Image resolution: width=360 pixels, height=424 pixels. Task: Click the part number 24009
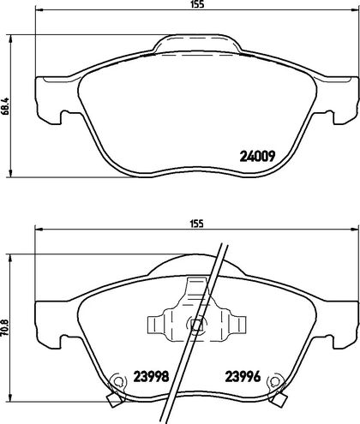(x=257, y=156)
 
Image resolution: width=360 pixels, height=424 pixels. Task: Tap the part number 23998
(x=152, y=377)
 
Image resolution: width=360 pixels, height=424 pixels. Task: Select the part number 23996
(x=243, y=377)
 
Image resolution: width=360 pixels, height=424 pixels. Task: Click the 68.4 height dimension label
(x=6, y=106)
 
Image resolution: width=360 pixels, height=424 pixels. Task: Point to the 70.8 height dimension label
(x=6, y=327)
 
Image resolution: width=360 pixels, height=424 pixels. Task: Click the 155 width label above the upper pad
(x=198, y=4)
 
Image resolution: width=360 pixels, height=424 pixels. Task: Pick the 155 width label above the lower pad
(x=198, y=224)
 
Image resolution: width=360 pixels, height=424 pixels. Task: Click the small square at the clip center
(x=196, y=325)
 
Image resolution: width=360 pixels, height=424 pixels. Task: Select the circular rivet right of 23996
(x=274, y=381)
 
